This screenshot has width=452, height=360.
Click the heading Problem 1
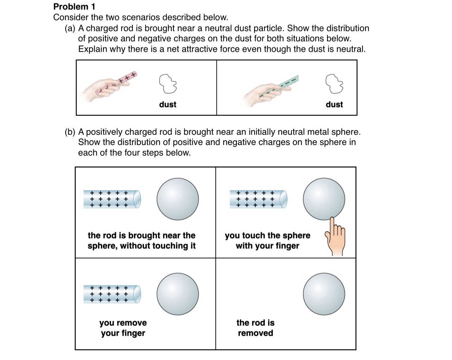click(74, 7)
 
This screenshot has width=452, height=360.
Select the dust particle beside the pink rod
click(168, 84)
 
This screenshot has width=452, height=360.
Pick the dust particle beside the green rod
click(334, 84)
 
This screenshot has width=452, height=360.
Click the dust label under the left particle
click(168, 105)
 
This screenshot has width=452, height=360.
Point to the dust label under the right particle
click(334, 105)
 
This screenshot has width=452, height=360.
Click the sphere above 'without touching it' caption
click(178, 199)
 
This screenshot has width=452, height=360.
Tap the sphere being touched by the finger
click(324, 199)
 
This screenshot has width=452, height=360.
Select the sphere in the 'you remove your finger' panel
click(178, 294)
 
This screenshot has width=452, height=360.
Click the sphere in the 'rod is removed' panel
click(324, 294)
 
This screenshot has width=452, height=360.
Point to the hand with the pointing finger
click(335, 238)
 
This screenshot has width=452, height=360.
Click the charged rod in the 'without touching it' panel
click(112, 199)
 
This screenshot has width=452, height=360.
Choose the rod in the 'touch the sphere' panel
click(258, 199)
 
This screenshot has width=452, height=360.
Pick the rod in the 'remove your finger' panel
click(112, 294)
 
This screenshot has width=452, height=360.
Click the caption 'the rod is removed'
click(256, 328)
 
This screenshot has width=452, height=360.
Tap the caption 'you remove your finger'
click(123, 328)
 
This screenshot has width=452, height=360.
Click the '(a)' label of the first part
click(70, 28)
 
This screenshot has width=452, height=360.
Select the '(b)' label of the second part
click(70, 132)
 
